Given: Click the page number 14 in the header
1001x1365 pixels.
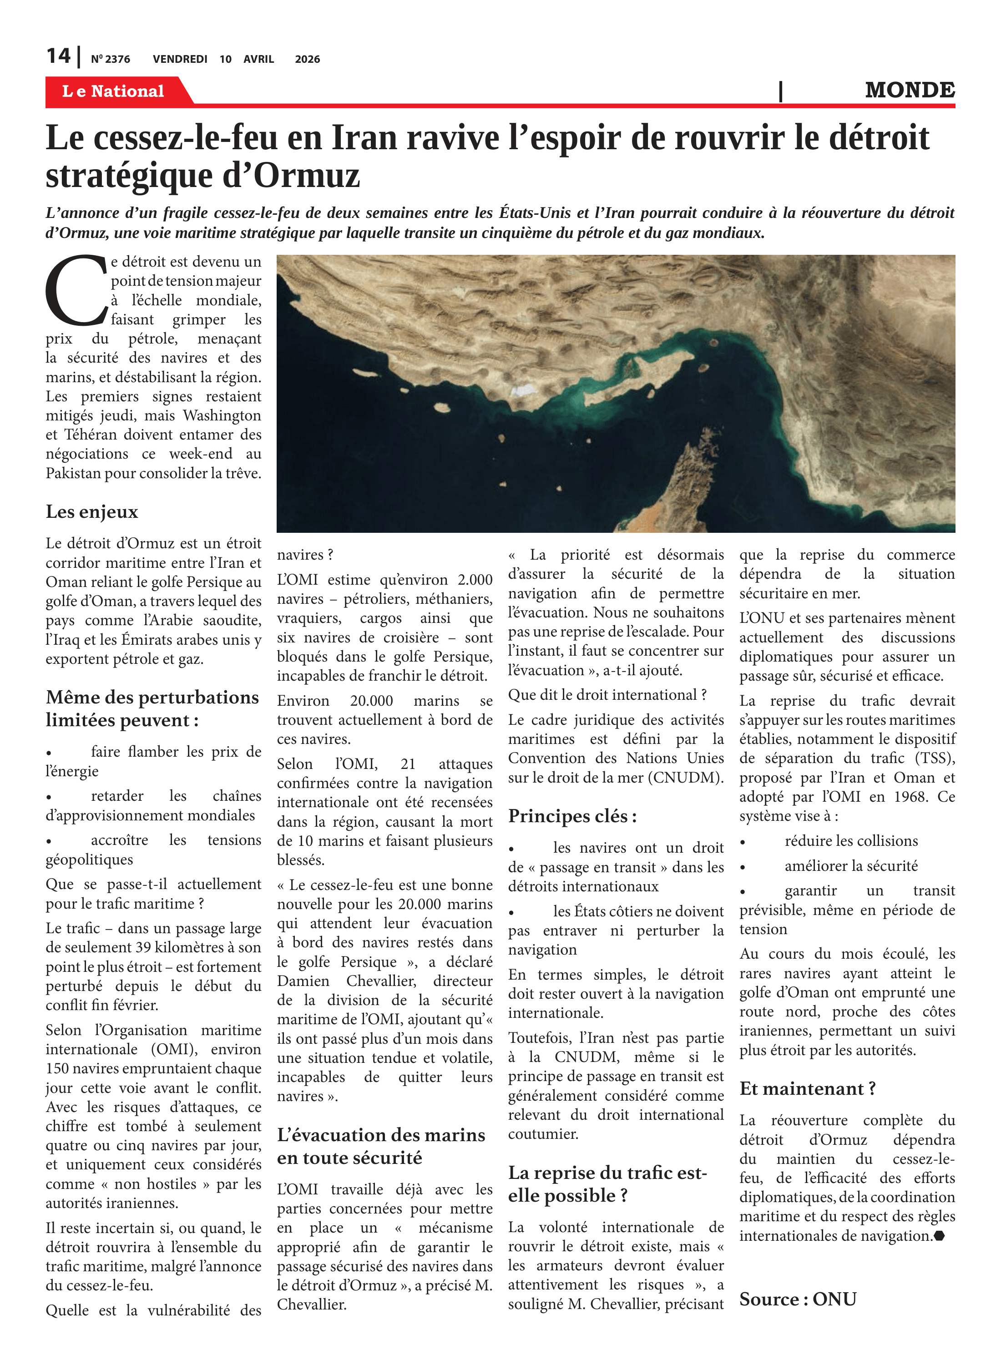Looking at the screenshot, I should click(58, 56).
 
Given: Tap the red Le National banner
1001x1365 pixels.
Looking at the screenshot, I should click(113, 91).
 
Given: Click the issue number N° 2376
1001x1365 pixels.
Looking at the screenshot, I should click(110, 59).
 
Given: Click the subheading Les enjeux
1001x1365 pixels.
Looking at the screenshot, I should click(92, 512).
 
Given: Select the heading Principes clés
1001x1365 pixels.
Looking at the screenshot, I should click(572, 816).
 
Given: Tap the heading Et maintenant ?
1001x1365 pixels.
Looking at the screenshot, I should click(807, 1089).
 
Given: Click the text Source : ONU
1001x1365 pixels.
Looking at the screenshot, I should click(798, 1299).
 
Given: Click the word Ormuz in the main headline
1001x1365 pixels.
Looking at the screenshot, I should click(306, 176).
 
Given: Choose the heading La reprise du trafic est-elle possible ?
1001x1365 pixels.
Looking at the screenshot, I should click(607, 1184).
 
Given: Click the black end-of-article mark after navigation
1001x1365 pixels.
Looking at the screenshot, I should click(939, 1236).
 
